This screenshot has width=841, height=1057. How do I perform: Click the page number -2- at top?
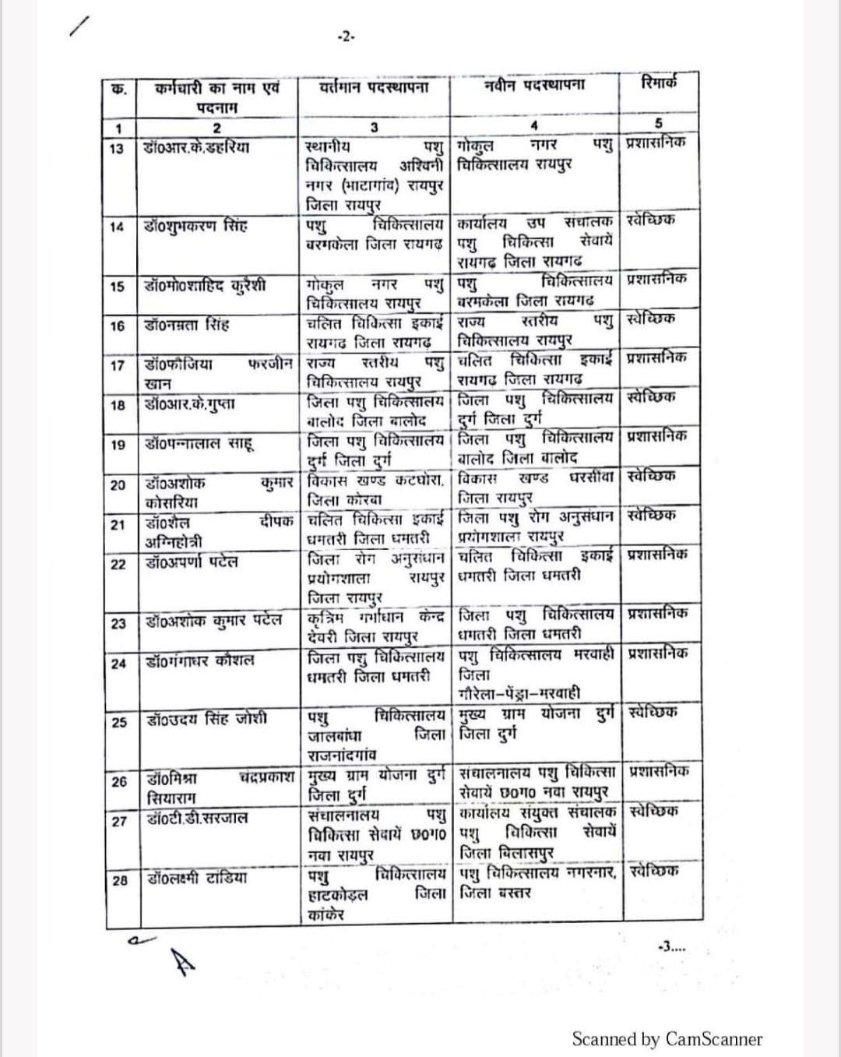click(346, 37)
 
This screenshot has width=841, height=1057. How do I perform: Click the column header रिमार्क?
click(659, 83)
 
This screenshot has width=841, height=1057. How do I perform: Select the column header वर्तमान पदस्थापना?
click(374, 87)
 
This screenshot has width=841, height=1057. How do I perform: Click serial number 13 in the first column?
click(118, 148)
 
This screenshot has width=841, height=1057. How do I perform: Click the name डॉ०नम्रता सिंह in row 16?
click(187, 324)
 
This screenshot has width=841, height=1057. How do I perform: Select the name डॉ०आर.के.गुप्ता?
click(190, 403)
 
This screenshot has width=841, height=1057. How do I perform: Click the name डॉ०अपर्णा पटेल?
click(192, 562)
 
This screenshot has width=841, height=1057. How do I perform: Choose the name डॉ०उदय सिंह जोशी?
click(206, 719)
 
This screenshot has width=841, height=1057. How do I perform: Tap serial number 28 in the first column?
click(119, 879)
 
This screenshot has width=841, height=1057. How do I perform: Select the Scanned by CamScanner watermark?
click(667, 1038)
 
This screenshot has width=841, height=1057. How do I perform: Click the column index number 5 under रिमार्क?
click(658, 124)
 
